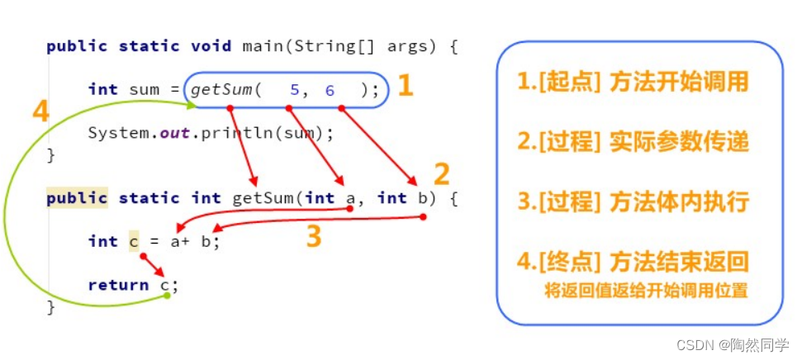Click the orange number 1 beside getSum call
pyautogui.click(x=405, y=86)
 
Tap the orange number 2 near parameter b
pyautogui.click(x=442, y=174)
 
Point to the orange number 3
pyautogui.click(x=313, y=237)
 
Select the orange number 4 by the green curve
pyautogui.click(x=40, y=111)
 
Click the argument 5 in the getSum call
pyautogui.click(x=294, y=90)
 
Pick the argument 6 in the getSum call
pyautogui.click(x=330, y=90)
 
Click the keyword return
pyautogui.click(x=118, y=285)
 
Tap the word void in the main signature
pyautogui.click(x=211, y=46)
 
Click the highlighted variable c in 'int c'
pyautogui.click(x=134, y=241)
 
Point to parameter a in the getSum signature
pyautogui.click(x=350, y=198)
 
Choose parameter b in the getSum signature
pyautogui.click(x=422, y=198)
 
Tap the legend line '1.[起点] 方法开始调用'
pyautogui.click(x=633, y=82)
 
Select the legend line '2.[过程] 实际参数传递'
pyautogui.click(x=633, y=142)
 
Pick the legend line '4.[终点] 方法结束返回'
pyautogui.click(x=633, y=263)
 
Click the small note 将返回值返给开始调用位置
pyautogui.click(x=647, y=290)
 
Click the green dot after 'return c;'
pyautogui.click(x=167, y=295)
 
